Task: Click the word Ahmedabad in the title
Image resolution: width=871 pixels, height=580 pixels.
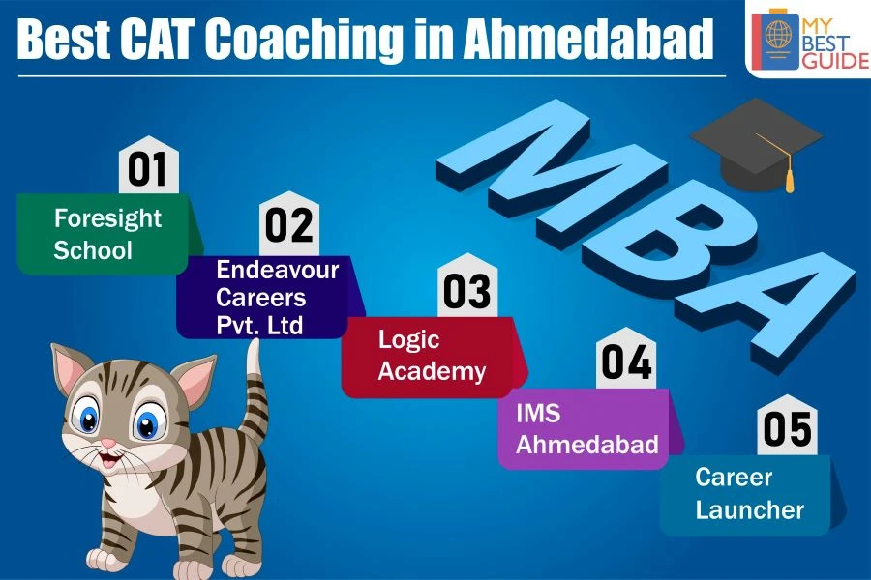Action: tap(587, 39)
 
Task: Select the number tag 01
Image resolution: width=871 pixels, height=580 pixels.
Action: tap(148, 165)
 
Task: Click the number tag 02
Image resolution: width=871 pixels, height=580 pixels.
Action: tap(288, 223)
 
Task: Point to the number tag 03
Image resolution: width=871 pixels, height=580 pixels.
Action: tap(467, 286)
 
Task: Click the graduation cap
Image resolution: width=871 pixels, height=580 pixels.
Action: tap(756, 144)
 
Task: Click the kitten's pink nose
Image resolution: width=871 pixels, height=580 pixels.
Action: tap(108, 444)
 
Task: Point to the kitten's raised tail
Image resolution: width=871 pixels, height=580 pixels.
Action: tap(255, 389)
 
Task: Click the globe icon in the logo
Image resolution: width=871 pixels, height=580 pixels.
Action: tap(778, 33)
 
